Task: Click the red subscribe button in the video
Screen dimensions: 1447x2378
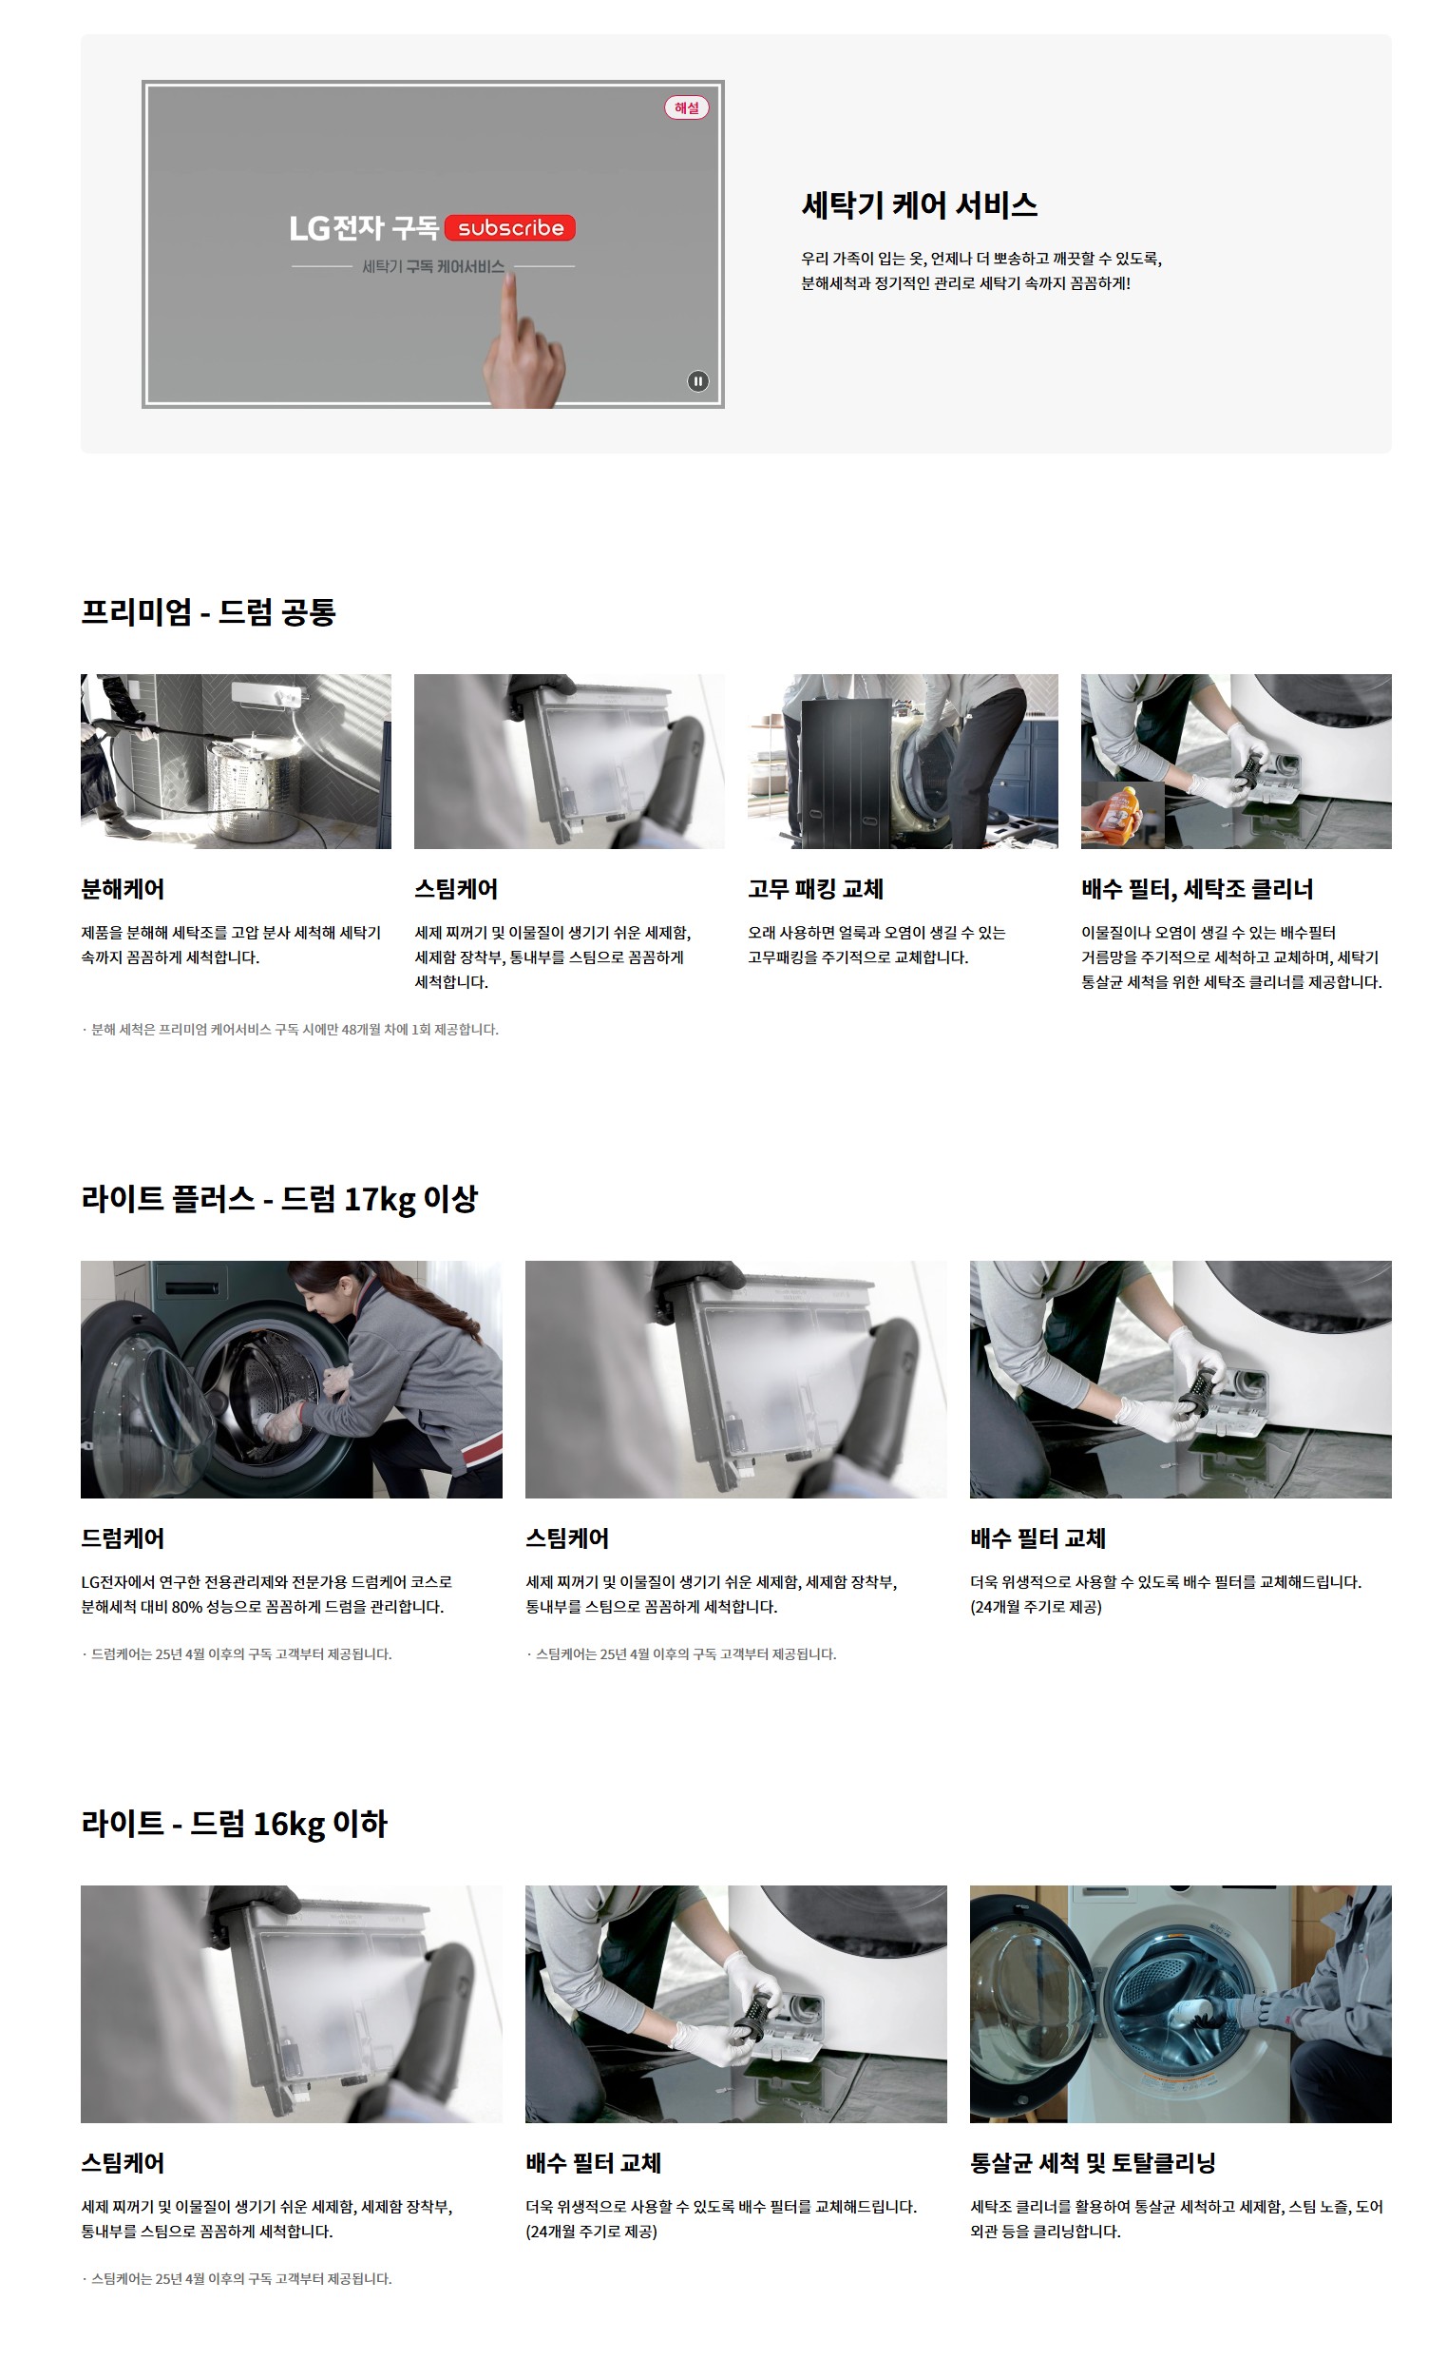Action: (510, 228)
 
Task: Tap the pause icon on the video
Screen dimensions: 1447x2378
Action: (697, 381)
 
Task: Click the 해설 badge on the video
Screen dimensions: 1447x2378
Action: (687, 107)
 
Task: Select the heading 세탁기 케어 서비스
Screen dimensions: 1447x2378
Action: (920, 204)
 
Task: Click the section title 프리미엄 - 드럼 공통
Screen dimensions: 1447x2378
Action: (208, 612)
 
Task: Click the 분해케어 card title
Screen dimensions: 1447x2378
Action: (123, 889)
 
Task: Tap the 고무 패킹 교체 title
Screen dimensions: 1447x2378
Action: (816, 889)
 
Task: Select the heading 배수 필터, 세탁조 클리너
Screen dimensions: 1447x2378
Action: (1197, 889)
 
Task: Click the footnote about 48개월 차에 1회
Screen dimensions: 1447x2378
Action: (291, 1030)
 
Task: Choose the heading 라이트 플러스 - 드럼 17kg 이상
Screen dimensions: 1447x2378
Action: (279, 1199)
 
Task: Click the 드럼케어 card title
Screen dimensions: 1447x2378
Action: (123, 1538)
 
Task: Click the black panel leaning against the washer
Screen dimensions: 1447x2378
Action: (846, 772)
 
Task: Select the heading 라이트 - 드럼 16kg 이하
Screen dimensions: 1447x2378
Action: (235, 1824)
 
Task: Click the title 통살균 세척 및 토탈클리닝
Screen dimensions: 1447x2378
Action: (1093, 2164)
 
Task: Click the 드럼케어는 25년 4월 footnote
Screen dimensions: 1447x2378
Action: (237, 1654)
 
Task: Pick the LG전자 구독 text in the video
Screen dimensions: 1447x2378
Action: (364, 228)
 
